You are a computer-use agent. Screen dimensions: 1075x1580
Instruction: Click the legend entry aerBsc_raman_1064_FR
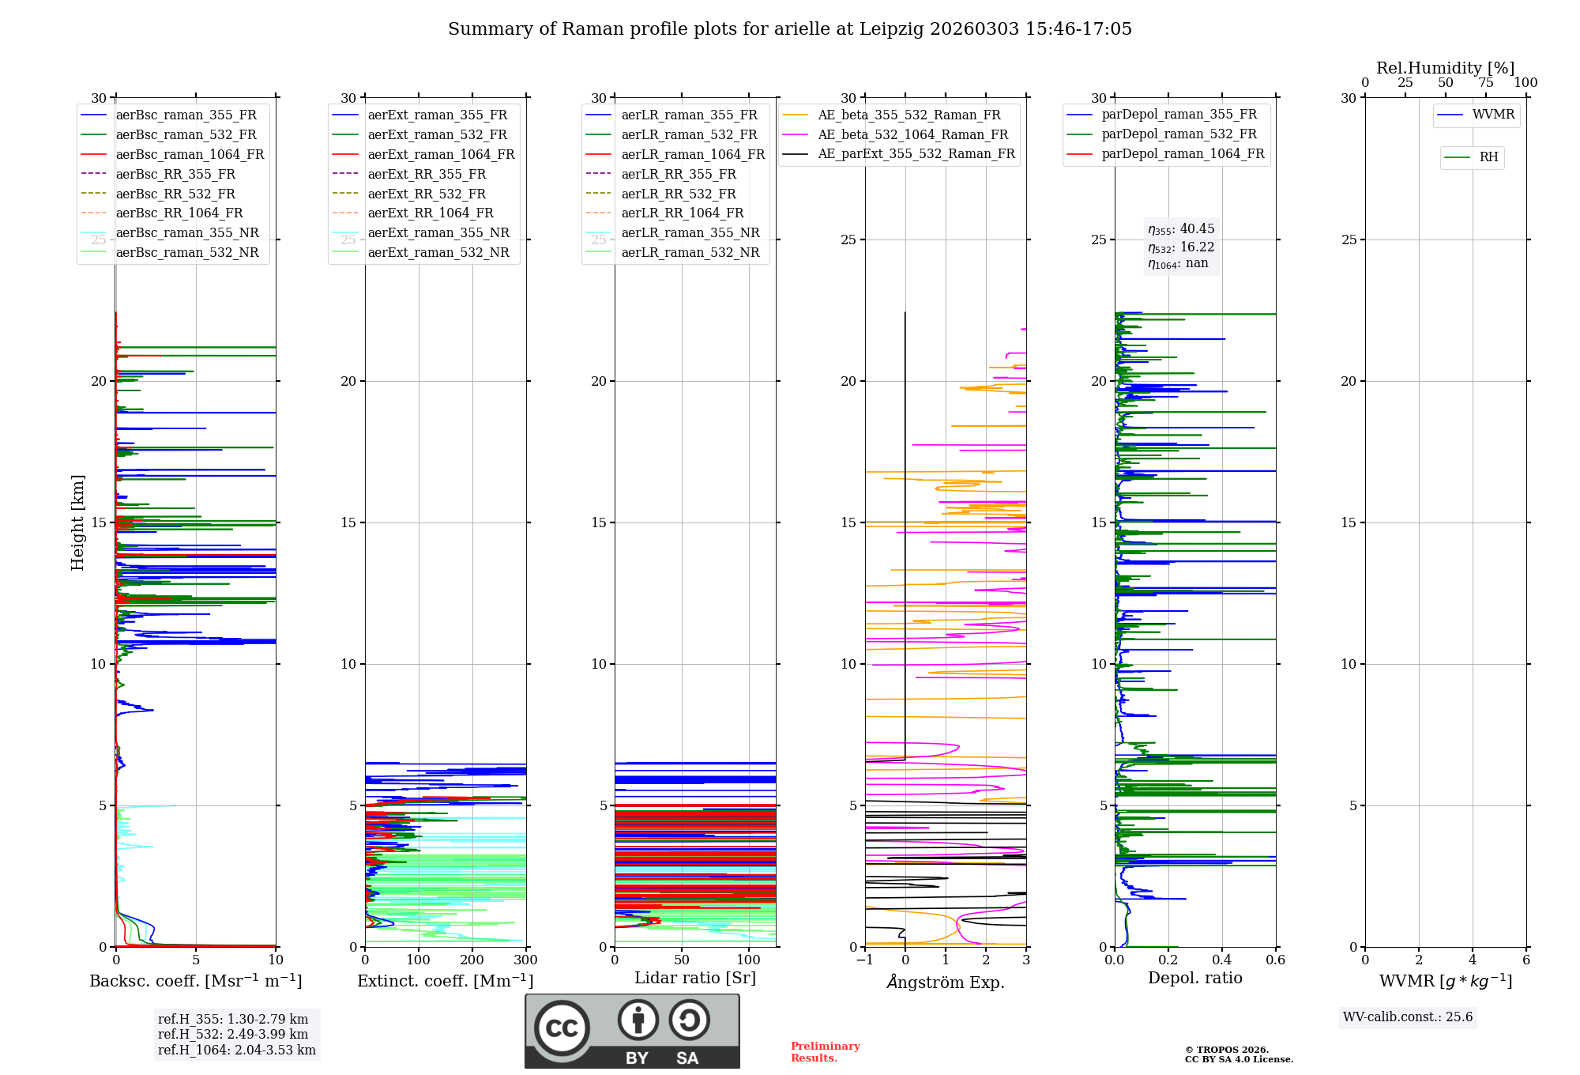pyautogui.click(x=190, y=154)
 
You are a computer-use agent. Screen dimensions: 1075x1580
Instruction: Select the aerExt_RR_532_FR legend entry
pyautogui.click(x=427, y=194)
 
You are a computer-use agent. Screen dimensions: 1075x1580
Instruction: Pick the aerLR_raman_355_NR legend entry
pyautogui.click(x=690, y=232)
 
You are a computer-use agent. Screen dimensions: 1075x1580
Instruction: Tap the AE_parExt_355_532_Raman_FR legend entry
pyautogui.click(x=916, y=153)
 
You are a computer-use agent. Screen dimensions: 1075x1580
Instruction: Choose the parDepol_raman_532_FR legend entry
pyautogui.click(x=1179, y=134)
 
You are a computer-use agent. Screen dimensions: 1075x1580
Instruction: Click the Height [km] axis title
pyautogui.click(x=77, y=522)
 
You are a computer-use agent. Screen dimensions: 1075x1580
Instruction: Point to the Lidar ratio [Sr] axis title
pyautogui.click(x=695, y=978)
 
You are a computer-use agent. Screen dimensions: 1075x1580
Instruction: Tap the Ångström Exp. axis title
pyautogui.click(x=946, y=982)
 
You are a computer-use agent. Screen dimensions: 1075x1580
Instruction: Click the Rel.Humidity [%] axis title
pyautogui.click(x=1445, y=68)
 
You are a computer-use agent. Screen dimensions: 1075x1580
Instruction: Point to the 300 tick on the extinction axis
pyautogui.click(x=525, y=960)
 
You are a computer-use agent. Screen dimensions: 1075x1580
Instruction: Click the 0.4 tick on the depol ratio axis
pyautogui.click(x=1222, y=960)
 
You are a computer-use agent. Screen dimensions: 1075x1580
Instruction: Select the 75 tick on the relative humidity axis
pyautogui.click(x=1485, y=82)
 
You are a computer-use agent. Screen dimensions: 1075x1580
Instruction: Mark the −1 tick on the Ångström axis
pyautogui.click(x=864, y=960)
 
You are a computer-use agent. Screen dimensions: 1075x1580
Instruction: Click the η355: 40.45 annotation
pyautogui.click(x=1181, y=229)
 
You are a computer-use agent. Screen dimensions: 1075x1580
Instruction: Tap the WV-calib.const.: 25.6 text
pyautogui.click(x=1408, y=1017)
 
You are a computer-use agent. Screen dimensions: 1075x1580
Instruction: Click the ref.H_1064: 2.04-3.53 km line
pyautogui.click(x=236, y=1050)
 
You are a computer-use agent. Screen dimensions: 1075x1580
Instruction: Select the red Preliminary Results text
pyautogui.click(x=825, y=1051)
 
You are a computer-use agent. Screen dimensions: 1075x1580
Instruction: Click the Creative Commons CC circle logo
pyautogui.click(x=562, y=1028)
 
